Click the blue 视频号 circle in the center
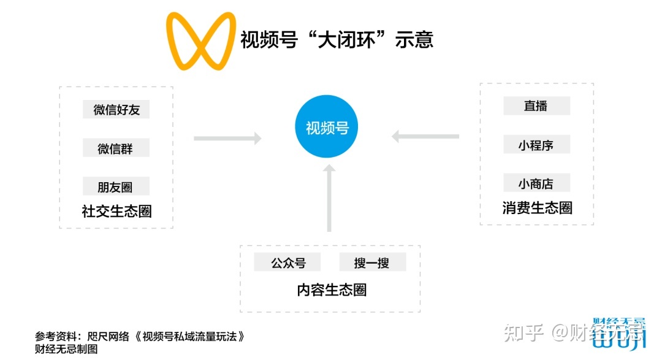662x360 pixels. [327, 127]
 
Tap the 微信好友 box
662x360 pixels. [116, 110]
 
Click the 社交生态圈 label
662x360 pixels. [116, 212]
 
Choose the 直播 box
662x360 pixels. [536, 105]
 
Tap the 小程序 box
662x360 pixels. [536, 145]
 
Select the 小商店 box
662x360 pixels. [536, 183]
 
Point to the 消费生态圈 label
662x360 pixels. [537, 208]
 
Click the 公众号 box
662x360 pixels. [288, 262]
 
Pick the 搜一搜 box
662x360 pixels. [372, 262]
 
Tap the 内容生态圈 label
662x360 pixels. [332, 290]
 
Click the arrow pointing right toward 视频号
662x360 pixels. [227, 139]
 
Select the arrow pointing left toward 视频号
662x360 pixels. [425, 136]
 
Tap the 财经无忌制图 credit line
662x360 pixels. [66, 349]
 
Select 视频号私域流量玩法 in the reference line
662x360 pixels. [192, 337]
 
